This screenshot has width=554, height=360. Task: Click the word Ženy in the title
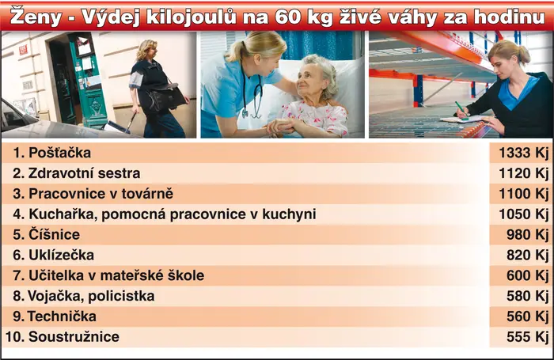pos(36,17)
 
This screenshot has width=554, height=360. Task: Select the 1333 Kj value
pos(523,153)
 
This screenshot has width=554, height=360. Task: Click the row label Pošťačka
pos(59,153)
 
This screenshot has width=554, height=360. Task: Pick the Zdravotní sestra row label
pos(84,173)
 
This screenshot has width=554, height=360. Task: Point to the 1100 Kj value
pos(523,194)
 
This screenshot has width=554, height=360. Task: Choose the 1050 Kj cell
pos(523,214)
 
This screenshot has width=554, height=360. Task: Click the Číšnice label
pos(54,234)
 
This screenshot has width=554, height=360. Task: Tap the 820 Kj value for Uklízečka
pos(527,255)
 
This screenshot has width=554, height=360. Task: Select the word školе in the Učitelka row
pos(186,275)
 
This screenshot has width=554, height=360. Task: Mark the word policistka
pos(121,296)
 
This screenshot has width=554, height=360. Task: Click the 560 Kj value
pos(527,316)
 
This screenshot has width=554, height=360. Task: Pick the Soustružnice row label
pos(74,337)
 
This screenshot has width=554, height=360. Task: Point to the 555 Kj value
pos(527,337)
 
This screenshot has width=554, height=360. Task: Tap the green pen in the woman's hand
pos(461,109)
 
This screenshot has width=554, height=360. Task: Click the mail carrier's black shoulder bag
pos(166,97)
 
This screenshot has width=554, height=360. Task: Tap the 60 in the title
pos(287,17)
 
